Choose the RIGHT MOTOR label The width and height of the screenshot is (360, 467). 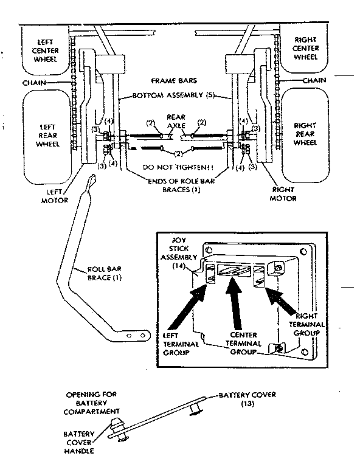pyautogui.click(x=284, y=194)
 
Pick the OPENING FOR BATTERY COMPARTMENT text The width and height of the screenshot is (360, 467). pyautogui.click(x=91, y=403)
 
